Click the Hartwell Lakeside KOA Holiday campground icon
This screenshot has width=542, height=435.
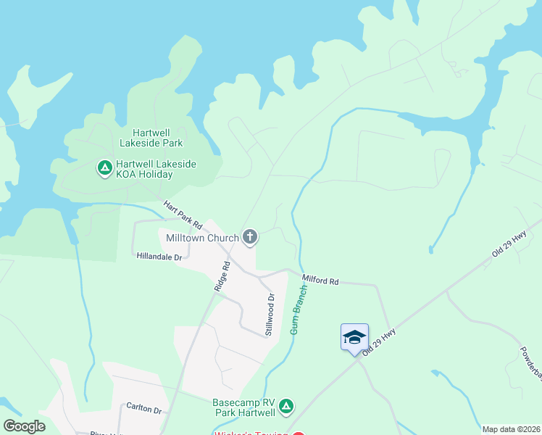[x=105, y=169]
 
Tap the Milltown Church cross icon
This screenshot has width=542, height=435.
[x=250, y=236]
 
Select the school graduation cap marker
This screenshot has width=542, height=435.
[x=354, y=337]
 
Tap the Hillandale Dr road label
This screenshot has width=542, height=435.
[x=159, y=255]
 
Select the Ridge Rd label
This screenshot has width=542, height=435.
[x=222, y=276]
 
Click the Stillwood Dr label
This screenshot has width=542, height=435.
[x=270, y=314]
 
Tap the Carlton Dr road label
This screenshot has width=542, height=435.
[x=143, y=409]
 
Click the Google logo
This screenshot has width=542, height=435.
[x=25, y=426]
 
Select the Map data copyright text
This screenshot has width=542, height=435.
[x=511, y=429]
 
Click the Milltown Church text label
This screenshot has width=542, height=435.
[x=202, y=237]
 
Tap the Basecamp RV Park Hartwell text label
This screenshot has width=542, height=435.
[x=244, y=407]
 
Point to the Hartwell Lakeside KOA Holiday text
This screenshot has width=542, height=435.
[x=155, y=170]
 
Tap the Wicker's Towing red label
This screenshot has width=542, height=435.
[x=251, y=433]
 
